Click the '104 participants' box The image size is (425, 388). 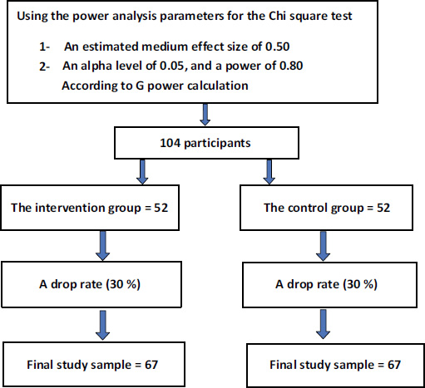point(206,143)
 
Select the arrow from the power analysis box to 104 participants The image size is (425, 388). point(205,115)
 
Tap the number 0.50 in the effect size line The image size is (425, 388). point(278,47)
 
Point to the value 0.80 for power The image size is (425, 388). point(291,66)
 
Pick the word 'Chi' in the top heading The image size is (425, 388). point(277,16)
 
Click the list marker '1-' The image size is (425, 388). point(44,47)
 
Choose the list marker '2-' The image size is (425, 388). point(44,66)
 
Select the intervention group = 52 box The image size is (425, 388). point(90,208)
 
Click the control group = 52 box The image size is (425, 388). point(326,208)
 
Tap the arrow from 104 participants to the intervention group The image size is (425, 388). point(142,172)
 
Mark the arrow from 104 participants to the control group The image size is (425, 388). point(269,172)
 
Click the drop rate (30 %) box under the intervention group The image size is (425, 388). point(91,284)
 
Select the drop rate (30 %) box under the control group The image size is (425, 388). point(329,284)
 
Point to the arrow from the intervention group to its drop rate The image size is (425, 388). point(103,246)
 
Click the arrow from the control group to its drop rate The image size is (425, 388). point(323,246)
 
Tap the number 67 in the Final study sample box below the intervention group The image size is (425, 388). point(151,365)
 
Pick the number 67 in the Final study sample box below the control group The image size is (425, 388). point(394,365)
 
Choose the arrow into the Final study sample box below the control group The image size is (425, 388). point(323,324)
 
